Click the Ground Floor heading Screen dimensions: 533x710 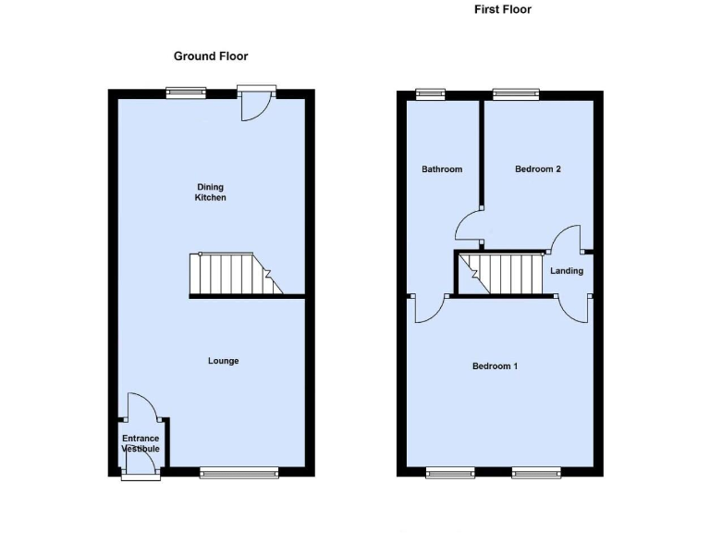click(211, 56)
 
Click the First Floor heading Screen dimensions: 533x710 click(502, 10)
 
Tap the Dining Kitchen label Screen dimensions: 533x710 click(210, 192)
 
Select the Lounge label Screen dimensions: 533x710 click(223, 361)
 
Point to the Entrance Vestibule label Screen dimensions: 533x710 click(141, 443)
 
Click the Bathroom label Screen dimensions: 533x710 click(442, 169)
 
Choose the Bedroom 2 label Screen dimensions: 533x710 click(538, 169)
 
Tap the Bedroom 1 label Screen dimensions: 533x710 click(495, 366)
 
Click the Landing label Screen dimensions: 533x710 click(566, 271)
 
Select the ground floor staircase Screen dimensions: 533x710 click(235, 275)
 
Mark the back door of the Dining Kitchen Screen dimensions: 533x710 click(254, 104)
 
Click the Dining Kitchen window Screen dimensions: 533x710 click(186, 92)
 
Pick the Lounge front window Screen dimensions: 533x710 click(239, 474)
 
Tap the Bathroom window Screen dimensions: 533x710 click(430, 93)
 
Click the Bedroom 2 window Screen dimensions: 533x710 click(516, 93)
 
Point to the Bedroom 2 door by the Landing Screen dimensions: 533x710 click(565, 240)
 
